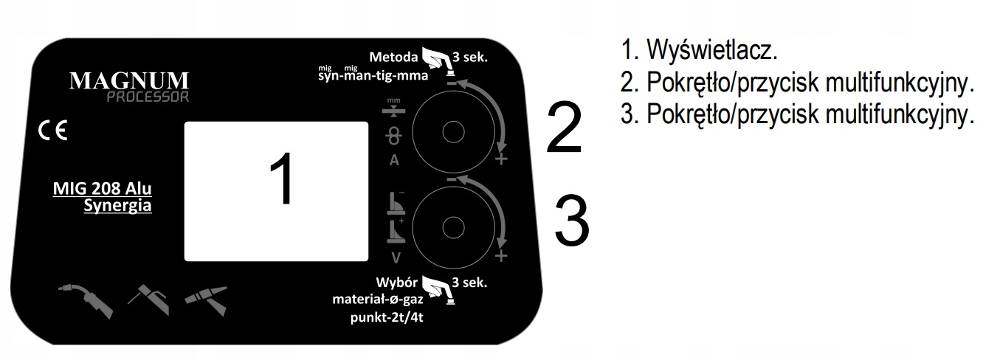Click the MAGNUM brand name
tap(129, 80)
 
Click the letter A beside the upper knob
tap(394, 162)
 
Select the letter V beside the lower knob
tap(395, 257)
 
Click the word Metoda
tap(393, 56)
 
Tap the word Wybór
tap(397, 283)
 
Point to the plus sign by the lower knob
tap(502, 256)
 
